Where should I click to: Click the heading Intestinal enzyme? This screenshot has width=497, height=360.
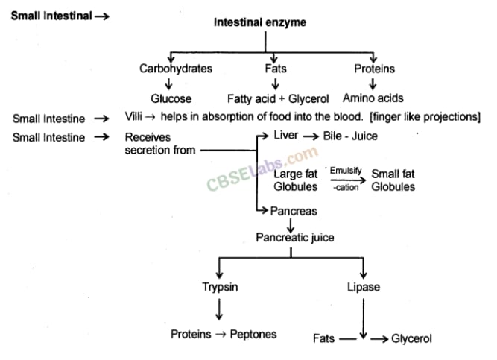[259, 23]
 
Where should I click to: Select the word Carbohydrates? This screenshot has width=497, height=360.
[176, 69]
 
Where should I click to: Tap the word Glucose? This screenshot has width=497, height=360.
[171, 98]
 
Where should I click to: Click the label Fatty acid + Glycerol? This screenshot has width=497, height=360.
[278, 98]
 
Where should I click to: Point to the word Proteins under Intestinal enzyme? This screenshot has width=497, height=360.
[375, 69]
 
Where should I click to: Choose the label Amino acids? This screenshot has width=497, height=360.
[373, 98]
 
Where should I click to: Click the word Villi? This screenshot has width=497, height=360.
[136, 118]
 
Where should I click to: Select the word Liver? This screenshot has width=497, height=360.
[285, 136]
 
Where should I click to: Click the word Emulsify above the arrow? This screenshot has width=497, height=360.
[346, 171]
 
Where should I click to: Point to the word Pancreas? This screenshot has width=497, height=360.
[294, 211]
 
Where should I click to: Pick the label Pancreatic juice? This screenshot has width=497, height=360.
[295, 238]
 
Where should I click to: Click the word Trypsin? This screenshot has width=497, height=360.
[220, 287]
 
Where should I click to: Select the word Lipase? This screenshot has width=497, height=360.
[363, 287]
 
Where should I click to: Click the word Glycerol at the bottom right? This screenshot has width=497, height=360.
[411, 338]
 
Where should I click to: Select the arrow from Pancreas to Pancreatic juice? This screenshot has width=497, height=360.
[291, 224]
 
